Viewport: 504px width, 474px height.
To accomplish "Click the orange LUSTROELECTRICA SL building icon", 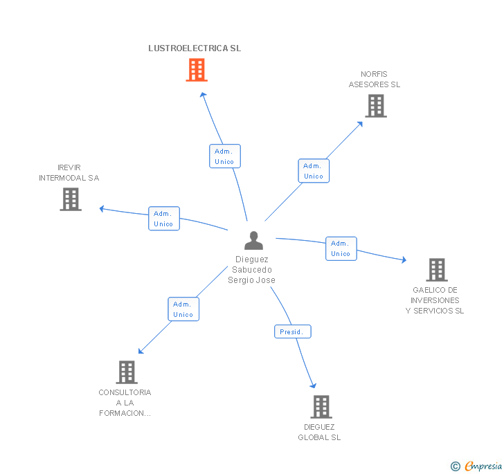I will pos(197,70).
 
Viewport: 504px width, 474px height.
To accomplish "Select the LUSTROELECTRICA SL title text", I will pos(195,48).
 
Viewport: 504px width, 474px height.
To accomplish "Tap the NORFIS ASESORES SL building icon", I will pos(375,106).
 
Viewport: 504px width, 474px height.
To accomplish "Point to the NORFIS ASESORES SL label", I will pos(374,80).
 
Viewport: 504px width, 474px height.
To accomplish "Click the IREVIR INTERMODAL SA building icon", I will pos(71,199).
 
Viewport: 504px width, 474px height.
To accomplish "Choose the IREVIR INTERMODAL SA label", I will pos(69,173).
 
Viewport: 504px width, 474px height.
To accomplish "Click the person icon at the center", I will pos(253,241).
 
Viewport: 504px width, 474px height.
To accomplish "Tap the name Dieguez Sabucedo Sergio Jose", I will pos(252,270).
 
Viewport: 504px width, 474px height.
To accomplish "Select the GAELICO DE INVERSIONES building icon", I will pos(436,270).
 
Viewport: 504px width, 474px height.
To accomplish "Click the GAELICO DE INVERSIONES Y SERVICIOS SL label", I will pos(435,300).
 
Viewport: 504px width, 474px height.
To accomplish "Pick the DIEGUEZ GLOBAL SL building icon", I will pos(321,407).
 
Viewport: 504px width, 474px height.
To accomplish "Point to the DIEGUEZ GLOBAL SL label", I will pos(319,432).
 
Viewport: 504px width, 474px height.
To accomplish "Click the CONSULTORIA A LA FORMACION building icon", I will pos(126,372).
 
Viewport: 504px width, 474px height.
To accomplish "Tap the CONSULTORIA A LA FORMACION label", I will pos(125,403).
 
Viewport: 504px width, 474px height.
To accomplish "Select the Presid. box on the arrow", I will pos(291,332).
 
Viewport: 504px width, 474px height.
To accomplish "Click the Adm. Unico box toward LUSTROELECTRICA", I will pos(224,156).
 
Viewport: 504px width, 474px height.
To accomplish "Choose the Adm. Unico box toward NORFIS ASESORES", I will pos(314,171).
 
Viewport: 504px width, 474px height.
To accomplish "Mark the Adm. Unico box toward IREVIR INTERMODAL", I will pos(164,219).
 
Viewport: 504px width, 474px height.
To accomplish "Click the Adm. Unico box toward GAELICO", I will pos(341,248).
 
